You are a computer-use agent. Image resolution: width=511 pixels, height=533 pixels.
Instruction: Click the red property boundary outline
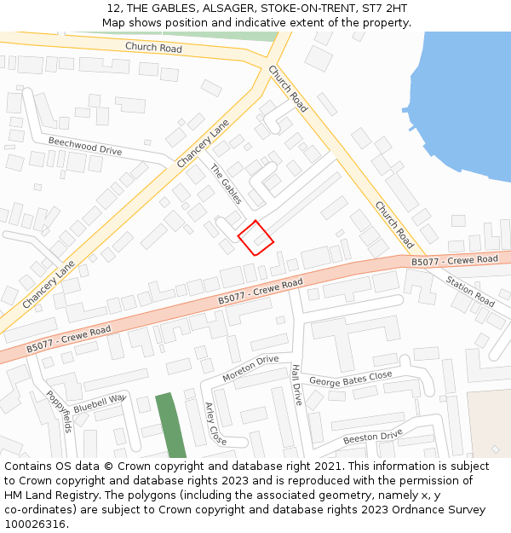tap(255, 237)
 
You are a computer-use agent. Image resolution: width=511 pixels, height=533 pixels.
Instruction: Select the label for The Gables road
tap(227, 183)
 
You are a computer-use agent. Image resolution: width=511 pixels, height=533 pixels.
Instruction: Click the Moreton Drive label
tap(250, 368)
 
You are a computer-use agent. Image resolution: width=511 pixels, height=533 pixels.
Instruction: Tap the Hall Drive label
tap(296, 384)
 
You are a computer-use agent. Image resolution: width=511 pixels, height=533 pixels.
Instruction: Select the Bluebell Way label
tap(99, 403)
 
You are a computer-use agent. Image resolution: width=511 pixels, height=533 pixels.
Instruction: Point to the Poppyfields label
tap(59, 413)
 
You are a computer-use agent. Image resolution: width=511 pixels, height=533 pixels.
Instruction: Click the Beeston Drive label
tap(372, 437)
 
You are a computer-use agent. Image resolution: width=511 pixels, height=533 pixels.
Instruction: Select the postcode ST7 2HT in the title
tap(382, 9)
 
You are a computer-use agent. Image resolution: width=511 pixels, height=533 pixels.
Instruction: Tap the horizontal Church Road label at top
tap(153, 48)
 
